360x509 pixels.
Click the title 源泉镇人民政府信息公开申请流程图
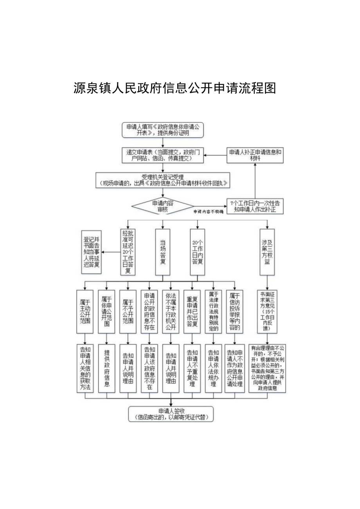coord(175,88)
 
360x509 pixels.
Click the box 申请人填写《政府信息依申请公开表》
coord(163,130)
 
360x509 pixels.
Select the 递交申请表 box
coord(162,155)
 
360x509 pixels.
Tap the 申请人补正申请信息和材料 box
coord(255,155)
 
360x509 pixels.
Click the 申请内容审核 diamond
coord(162,206)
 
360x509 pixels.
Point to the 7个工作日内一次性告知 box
coord(255,206)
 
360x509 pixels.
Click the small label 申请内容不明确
coord(208,212)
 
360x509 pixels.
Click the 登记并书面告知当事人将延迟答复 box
coord(92,252)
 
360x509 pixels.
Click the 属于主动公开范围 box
coord(85,312)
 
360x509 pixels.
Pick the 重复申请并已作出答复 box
coord(192,312)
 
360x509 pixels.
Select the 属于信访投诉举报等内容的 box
coord(234,312)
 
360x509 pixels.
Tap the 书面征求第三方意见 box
coord(266,312)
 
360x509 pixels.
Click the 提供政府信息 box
coord(107,368)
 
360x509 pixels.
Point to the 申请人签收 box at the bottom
coord(171,414)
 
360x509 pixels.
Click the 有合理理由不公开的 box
coord(267,368)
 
